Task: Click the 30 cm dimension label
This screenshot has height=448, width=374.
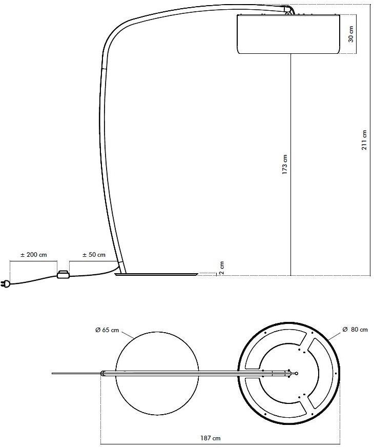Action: coord(351,34)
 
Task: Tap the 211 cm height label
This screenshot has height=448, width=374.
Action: coord(364,140)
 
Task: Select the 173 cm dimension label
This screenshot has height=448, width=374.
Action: coord(285,165)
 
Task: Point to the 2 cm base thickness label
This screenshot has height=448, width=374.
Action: coord(221,268)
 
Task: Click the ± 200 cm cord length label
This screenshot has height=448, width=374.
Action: coord(34,255)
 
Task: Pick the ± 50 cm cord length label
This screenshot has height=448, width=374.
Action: coord(94,255)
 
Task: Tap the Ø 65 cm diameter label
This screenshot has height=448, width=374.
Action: coord(107,330)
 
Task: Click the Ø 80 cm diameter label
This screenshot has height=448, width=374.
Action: coord(355,330)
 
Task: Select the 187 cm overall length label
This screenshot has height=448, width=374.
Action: coord(211,438)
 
